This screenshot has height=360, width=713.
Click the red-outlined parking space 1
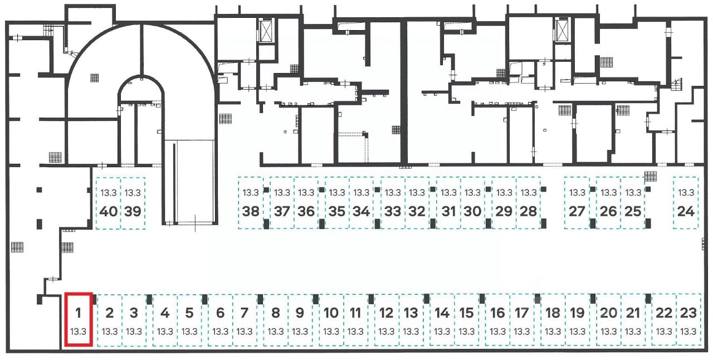[79, 319]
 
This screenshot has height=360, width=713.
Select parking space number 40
[109, 203]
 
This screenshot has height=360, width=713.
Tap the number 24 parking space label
[686, 211]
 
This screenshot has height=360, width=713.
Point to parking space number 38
[251, 203]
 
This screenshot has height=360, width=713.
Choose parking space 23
[689, 319]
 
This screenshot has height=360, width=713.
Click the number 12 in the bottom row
[387, 313]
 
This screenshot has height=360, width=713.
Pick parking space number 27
[577, 203]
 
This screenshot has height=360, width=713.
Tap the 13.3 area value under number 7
[245, 332]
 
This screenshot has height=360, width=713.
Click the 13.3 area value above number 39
[133, 193]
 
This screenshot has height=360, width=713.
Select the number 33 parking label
[393, 211]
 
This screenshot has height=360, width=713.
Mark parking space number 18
[553, 319]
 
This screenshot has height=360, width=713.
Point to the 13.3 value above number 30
[473, 193]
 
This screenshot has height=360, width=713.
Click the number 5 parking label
[189, 313]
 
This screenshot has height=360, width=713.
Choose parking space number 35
[337, 203]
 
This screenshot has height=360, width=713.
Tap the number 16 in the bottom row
[497, 313]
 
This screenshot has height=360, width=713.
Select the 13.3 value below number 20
[609, 332]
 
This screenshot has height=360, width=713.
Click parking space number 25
[633, 203]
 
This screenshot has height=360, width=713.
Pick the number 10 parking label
[331, 313]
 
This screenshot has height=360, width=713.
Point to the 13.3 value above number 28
[529, 193]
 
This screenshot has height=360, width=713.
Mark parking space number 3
[134, 319]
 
